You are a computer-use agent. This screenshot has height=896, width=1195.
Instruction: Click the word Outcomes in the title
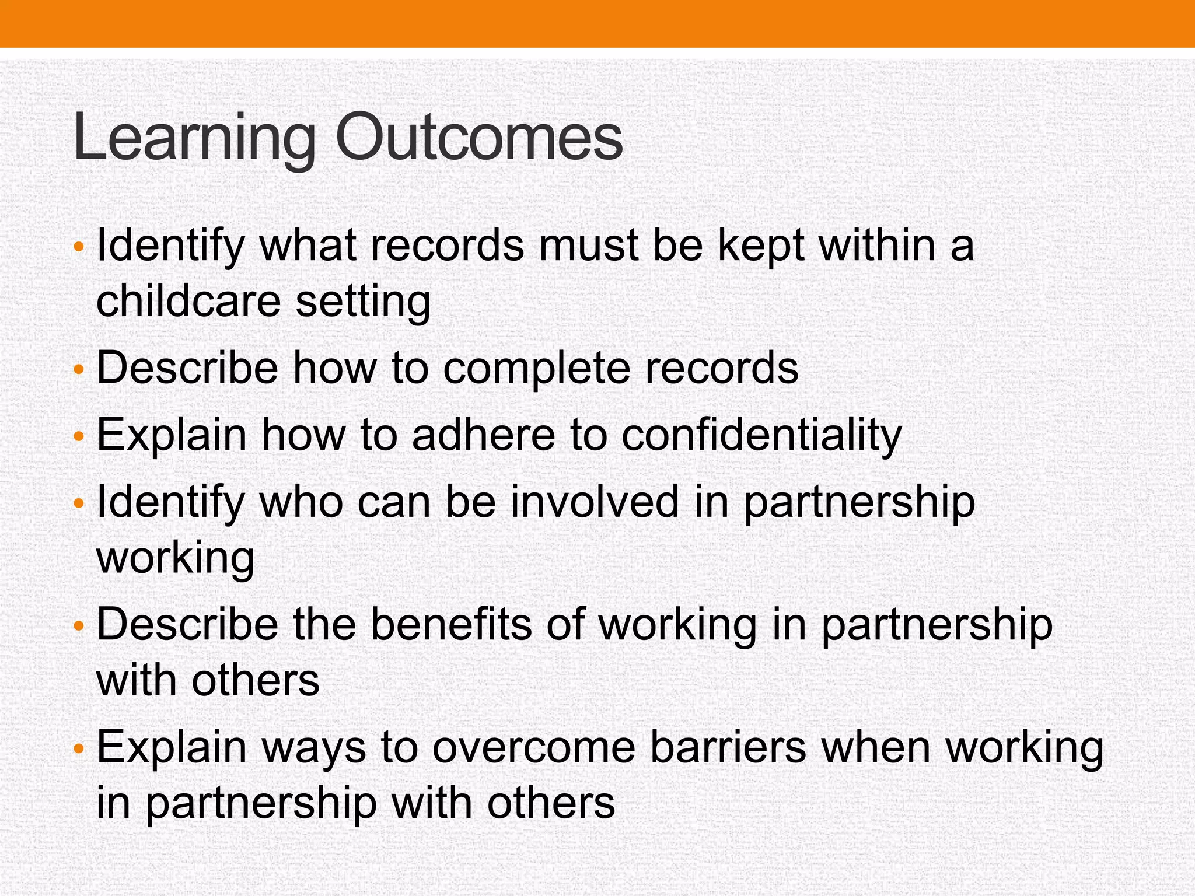coord(479,138)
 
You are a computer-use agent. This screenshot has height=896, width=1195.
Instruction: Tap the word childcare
coord(188,301)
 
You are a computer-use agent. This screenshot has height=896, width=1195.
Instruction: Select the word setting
coord(364,302)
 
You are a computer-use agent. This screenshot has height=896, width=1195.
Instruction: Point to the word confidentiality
coord(761,435)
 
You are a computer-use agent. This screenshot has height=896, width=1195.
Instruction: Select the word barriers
coord(728,748)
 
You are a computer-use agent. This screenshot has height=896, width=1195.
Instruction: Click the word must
coord(589,246)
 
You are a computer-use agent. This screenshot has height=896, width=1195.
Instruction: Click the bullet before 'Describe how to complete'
coord(79,369)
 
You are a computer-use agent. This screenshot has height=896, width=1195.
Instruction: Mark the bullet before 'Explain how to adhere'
coord(79,436)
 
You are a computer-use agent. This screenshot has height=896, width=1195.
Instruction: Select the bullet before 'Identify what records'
coord(79,247)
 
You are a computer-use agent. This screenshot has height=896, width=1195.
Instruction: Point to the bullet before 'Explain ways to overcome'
coord(79,748)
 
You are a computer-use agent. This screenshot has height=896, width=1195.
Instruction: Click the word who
coord(301,502)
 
